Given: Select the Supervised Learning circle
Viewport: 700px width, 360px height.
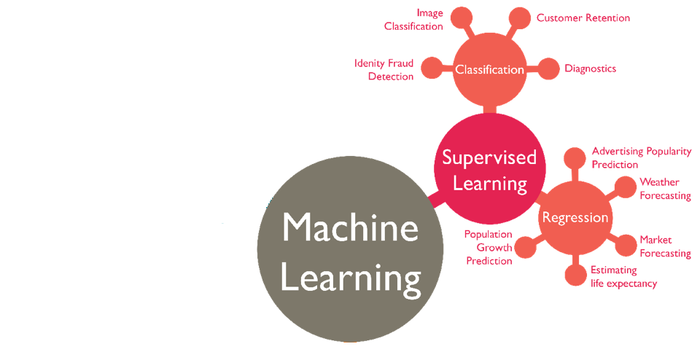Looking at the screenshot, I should [x=489, y=170].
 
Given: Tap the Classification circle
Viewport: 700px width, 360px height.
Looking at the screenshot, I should [x=489, y=70].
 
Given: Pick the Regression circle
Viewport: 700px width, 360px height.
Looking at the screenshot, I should [x=575, y=217].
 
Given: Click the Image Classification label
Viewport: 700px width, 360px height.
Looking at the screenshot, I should [x=414, y=20].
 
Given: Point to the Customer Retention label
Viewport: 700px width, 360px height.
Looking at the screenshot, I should [x=583, y=17].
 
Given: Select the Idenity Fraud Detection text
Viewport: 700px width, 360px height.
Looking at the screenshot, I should [x=384, y=70].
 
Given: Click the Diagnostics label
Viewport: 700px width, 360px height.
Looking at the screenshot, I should [x=590, y=69].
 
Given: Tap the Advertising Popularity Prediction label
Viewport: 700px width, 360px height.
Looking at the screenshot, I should [x=641, y=157].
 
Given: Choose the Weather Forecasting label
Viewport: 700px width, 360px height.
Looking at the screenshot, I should [x=664, y=189].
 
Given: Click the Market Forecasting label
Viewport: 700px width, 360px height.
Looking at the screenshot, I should [x=664, y=246].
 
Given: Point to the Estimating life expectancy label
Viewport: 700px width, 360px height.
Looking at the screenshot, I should [x=623, y=277].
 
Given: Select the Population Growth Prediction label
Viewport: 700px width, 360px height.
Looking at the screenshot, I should [x=489, y=248].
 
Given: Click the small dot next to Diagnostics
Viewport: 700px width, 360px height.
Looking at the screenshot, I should [x=548, y=69].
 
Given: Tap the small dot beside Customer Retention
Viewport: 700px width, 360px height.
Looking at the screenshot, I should [x=519, y=18].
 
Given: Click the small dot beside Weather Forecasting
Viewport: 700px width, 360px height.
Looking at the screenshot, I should [x=626, y=187].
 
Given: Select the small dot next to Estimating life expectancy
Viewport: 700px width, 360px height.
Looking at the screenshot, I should [x=575, y=275].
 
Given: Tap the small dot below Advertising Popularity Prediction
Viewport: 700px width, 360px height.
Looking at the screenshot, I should [x=575, y=157].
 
